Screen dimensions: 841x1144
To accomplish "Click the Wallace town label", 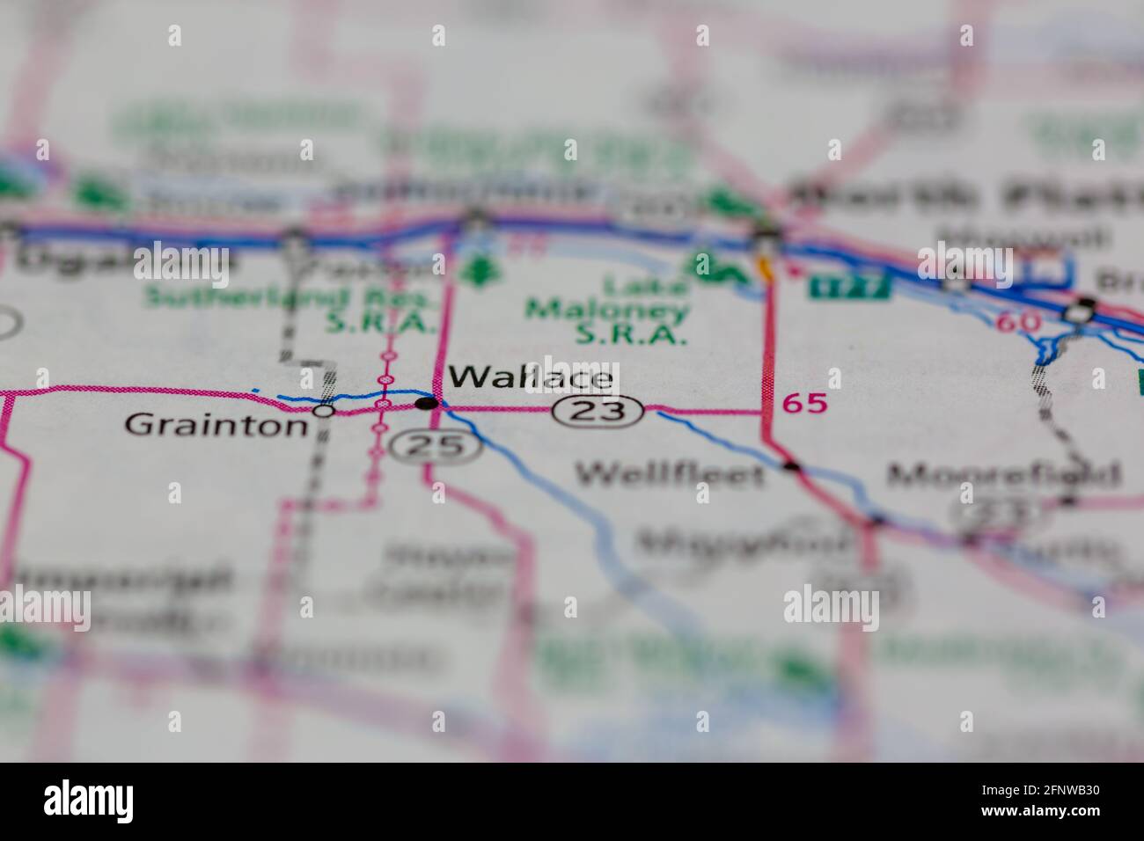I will point(530,377).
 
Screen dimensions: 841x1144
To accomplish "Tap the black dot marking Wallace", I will point(426,403).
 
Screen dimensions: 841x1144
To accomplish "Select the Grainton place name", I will point(216,425).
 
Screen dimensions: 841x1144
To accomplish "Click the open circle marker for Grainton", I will point(324,410).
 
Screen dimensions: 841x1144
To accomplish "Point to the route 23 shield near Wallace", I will point(598,410).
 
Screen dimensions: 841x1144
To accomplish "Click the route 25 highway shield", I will point(437,446).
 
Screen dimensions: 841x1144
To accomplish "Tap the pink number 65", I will point(805,404).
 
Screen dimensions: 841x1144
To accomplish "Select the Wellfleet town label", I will point(671,475).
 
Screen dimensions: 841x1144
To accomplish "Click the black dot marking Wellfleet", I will point(792,466).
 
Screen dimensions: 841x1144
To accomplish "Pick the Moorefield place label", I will point(1004,475).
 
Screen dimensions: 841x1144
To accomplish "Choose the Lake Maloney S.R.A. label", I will point(607,311).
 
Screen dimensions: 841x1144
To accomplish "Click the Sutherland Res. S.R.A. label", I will point(291,310).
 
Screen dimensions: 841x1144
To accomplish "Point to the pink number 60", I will point(1019,322).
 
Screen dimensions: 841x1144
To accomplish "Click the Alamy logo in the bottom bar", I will point(89,801).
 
